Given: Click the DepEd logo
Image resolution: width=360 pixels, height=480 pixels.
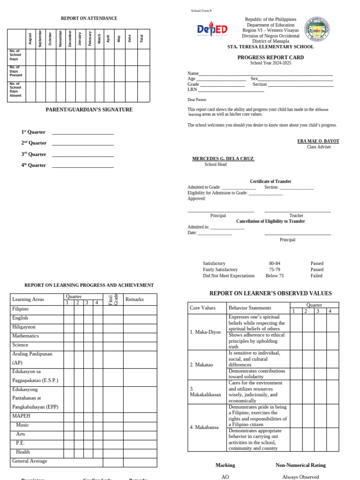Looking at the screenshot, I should (x=212, y=29).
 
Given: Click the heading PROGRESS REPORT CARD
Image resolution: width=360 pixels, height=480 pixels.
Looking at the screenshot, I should (x=270, y=57).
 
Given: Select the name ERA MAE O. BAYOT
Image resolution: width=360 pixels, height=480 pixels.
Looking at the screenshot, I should (x=318, y=141).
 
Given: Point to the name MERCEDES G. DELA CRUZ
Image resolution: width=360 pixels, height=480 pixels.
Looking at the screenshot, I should (x=223, y=159).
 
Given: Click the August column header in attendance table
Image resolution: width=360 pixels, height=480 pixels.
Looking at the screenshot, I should (x=30, y=38).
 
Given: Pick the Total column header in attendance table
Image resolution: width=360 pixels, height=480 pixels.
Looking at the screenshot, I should (x=142, y=38).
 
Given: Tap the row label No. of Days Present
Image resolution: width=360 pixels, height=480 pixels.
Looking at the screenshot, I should (x=16, y=71).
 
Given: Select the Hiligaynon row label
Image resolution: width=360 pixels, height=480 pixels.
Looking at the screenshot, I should (x=24, y=327).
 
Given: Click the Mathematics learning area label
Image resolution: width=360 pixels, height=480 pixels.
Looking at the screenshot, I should (x=25, y=336).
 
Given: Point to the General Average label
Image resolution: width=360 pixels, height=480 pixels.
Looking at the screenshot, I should (x=30, y=461).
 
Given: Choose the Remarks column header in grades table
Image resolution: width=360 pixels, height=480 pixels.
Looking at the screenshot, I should (x=135, y=300).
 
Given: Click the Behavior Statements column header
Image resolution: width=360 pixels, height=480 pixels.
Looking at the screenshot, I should (x=249, y=308).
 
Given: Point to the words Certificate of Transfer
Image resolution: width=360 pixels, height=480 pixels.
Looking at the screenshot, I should (x=270, y=181).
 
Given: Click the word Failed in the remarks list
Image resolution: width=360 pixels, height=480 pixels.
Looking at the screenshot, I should (x=316, y=276).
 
